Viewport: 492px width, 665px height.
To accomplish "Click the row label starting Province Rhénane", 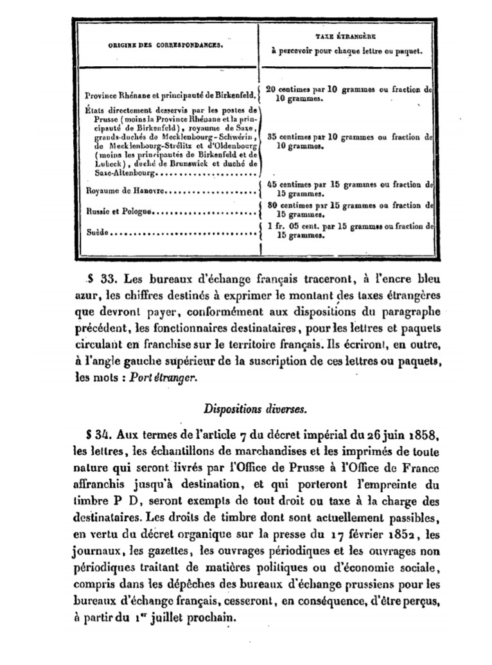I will pyautogui.click(x=170, y=95).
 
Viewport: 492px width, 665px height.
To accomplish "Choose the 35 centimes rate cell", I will pyautogui.click(x=349, y=141).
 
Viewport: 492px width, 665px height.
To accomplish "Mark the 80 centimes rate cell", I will pyautogui.click(x=349, y=209).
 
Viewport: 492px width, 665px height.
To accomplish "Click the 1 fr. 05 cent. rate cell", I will pyautogui.click(x=349, y=230).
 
